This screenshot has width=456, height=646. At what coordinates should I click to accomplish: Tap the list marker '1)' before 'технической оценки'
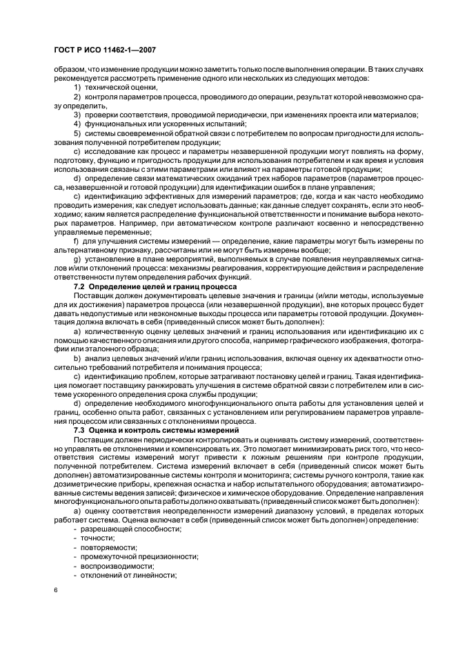tap(77, 89)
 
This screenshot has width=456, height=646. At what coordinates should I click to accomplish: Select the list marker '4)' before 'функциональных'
tap(77, 122)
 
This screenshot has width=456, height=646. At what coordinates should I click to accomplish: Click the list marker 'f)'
tap(76, 240)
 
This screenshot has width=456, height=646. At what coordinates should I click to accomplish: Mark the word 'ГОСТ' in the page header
tap(64, 50)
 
